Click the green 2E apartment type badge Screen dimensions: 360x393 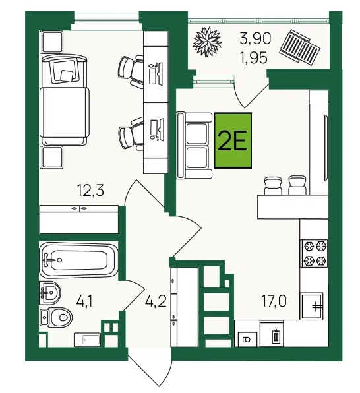233,140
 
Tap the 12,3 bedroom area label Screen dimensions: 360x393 90,190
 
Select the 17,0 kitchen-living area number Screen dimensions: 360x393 274,301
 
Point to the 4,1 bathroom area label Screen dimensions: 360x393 84,301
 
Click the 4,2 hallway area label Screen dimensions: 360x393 156,301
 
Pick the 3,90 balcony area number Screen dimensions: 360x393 255,39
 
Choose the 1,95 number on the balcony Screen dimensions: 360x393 254,59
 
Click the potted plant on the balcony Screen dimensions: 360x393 207,42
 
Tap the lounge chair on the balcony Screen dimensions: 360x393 300,47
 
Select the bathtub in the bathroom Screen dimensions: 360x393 78,260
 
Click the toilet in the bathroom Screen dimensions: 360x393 56,318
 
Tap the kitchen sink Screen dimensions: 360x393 313,306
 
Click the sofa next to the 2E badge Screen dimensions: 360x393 195,145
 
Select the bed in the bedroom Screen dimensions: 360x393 65,100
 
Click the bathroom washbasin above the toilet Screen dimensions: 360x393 50,292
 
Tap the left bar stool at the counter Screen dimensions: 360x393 273,185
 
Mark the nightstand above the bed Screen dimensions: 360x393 51,42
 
